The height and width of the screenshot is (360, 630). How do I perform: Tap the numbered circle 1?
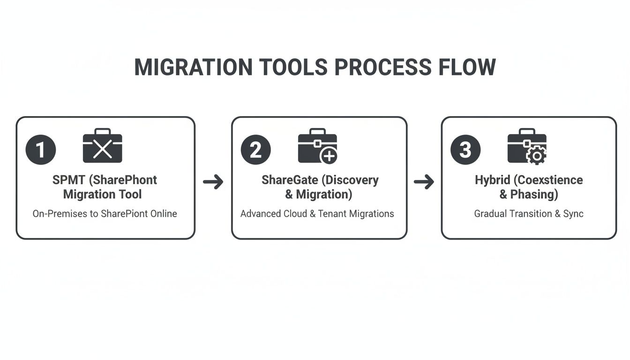click(x=41, y=150)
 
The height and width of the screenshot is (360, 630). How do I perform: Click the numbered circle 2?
click(x=256, y=150)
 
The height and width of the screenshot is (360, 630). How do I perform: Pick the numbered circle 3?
click(x=465, y=150)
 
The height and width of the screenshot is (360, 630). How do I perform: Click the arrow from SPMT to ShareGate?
click(x=213, y=182)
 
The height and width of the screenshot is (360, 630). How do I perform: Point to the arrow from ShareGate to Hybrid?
click(x=424, y=182)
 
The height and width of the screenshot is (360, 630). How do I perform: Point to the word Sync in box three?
click(x=573, y=214)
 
